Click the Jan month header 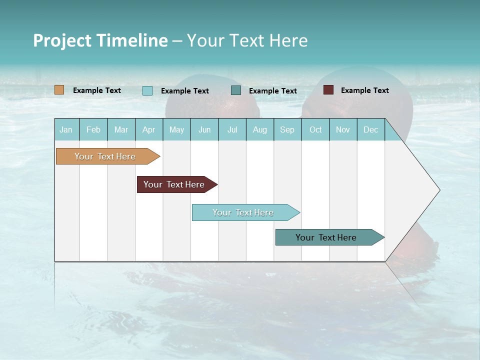(x=66, y=129)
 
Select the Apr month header (x=149, y=129)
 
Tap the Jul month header (x=232, y=129)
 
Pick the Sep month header (x=287, y=129)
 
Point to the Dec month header (x=370, y=129)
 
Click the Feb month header (x=93, y=129)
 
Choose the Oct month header (x=315, y=129)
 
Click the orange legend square (x=59, y=90)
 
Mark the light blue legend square (x=147, y=90)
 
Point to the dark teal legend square (x=236, y=90)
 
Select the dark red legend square (x=328, y=90)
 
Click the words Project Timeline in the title (x=100, y=40)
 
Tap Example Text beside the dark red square (x=364, y=90)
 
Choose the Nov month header (x=343, y=129)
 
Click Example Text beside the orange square (x=97, y=90)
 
